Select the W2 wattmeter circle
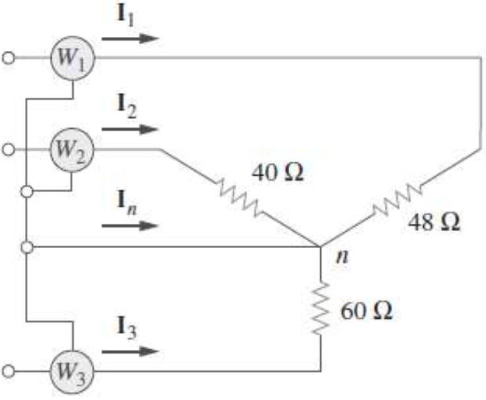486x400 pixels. [73, 150]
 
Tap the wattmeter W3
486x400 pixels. [73, 369]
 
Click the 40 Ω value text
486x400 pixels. [277, 175]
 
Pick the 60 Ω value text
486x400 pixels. [366, 310]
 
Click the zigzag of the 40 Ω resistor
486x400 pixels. [238, 198]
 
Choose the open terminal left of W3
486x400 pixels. [9, 369]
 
